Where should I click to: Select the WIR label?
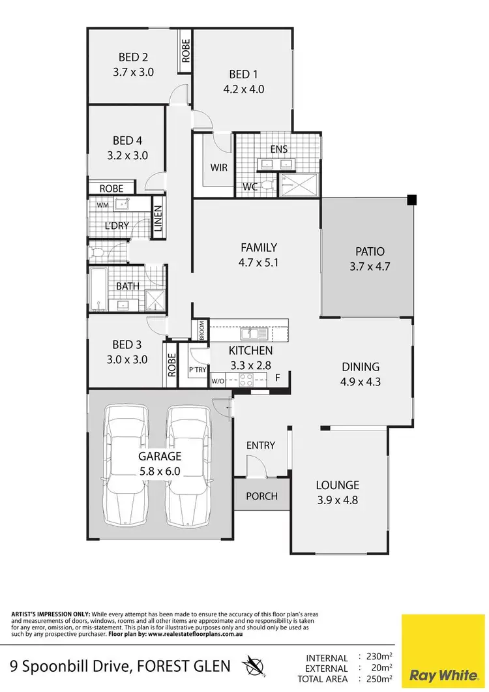click(219, 168)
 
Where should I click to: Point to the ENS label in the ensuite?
click(279, 149)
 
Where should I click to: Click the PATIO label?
click(370, 251)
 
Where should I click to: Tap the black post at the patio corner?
click(411, 200)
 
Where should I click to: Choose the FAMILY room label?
click(259, 248)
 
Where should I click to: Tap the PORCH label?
click(261, 496)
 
